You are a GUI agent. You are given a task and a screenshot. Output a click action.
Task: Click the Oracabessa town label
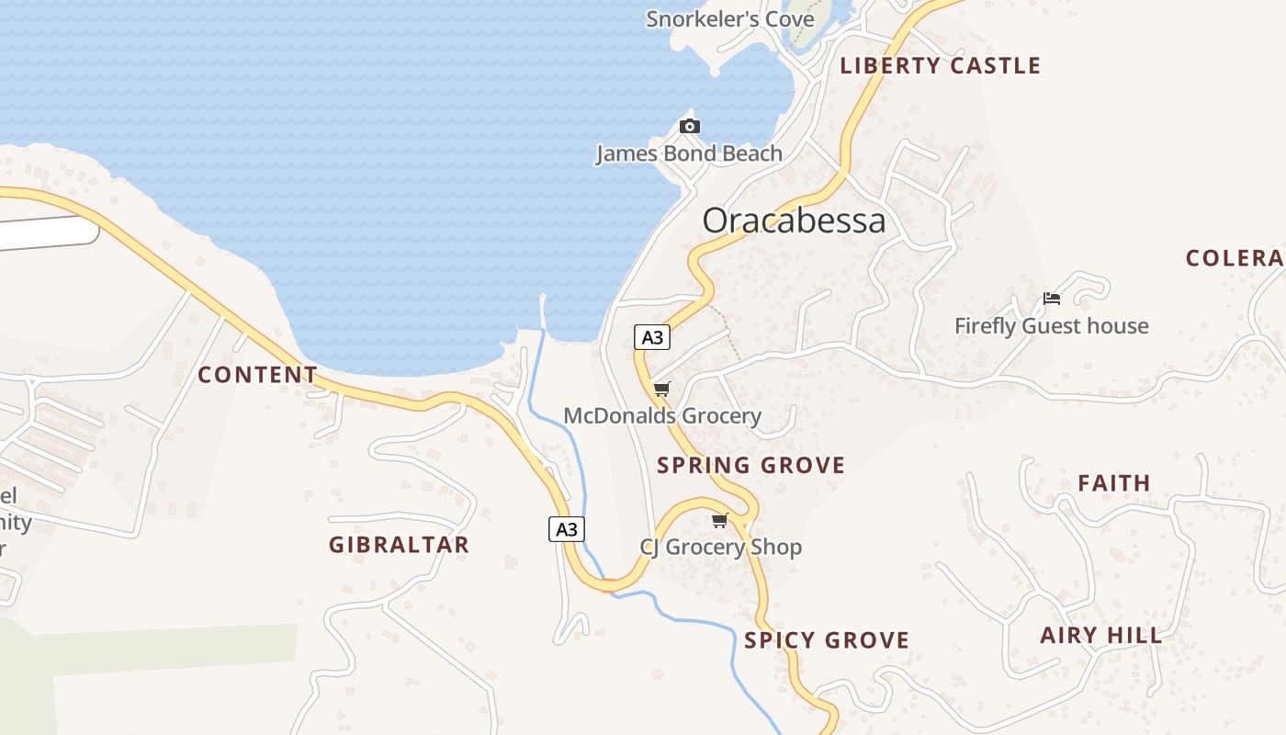(x=794, y=220)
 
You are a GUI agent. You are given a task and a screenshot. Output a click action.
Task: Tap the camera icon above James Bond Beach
(x=690, y=126)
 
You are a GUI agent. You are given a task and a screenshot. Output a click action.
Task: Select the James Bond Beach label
(x=689, y=153)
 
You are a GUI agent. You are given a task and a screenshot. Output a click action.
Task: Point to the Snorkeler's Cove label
(x=729, y=18)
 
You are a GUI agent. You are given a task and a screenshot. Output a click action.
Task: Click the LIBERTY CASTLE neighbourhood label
(x=940, y=65)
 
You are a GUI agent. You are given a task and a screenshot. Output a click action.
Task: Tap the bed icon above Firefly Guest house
(x=1052, y=299)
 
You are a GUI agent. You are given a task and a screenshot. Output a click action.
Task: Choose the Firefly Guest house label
(x=1051, y=326)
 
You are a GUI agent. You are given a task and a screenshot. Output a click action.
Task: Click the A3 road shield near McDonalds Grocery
(x=651, y=337)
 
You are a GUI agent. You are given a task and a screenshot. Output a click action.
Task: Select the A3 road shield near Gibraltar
(x=567, y=529)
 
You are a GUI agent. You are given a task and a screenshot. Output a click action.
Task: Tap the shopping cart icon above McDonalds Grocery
(x=661, y=389)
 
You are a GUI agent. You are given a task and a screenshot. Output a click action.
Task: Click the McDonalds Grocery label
(x=661, y=416)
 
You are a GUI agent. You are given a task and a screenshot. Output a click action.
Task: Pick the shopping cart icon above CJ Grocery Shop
(x=720, y=521)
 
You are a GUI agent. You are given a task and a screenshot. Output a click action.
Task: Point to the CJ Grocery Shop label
(x=720, y=548)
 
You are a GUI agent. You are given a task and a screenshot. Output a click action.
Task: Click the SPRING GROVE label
(x=750, y=465)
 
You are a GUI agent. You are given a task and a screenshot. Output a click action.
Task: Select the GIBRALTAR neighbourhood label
(x=399, y=545)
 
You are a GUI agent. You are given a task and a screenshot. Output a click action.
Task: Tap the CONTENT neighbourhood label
(x=257, y=375)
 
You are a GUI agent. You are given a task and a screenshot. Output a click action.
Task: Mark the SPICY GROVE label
(x=827, y=640)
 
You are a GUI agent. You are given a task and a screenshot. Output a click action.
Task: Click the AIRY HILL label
(x=1100, y=635)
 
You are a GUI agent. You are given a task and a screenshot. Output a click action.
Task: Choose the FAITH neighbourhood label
(x=1113, y=483)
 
